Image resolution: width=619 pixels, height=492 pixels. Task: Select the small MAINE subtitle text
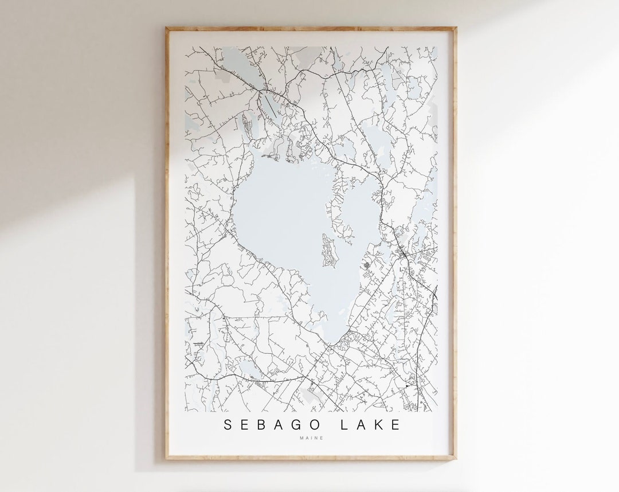point(311,439)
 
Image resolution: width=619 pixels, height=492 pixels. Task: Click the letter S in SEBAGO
point(228,425)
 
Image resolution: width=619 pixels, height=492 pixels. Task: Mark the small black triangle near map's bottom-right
point(407,386)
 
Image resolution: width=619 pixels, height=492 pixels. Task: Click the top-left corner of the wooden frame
point(166,28)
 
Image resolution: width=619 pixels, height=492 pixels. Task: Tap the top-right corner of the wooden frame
point(455,28)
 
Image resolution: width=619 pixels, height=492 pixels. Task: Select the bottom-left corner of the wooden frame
point(166,460)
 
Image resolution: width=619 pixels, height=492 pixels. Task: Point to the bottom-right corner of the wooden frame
point(455,460)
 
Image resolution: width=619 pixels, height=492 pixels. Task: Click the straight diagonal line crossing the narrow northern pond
point(269,105)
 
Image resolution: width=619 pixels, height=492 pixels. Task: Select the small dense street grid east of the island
point(367,265)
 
